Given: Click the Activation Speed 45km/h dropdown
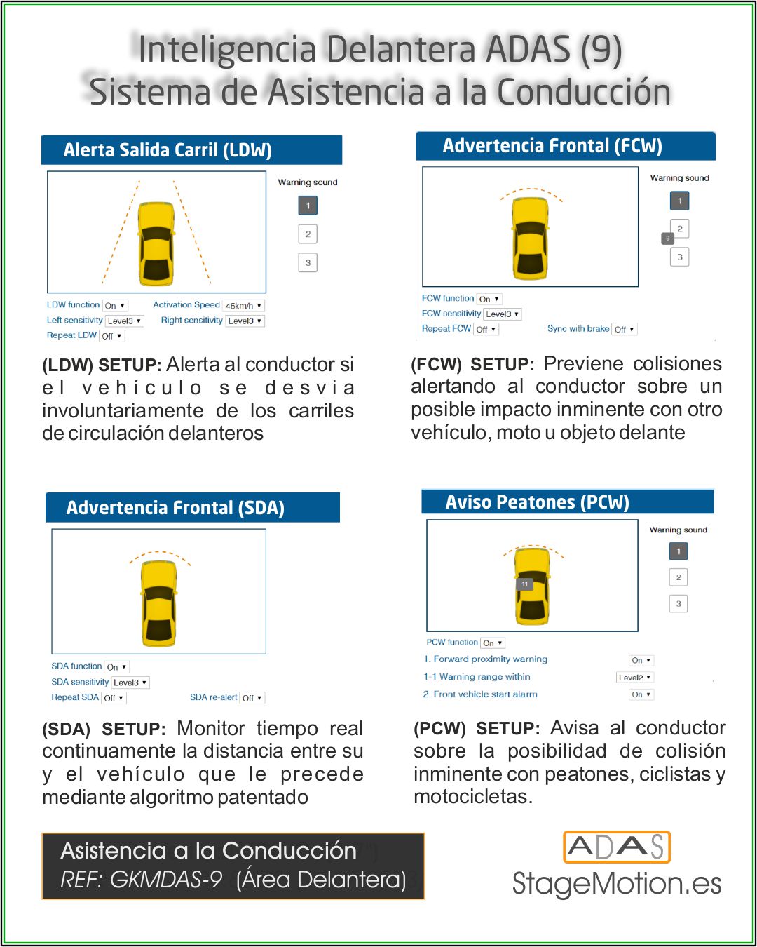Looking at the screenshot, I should click(243, 306).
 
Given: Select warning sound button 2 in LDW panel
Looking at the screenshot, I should click(308, 234).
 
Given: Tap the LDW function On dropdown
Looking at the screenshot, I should click(115, 306).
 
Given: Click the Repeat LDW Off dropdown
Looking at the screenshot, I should click(111, 336).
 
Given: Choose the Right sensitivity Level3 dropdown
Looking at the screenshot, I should click(245, 321).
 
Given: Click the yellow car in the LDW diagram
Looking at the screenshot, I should click(156, 243).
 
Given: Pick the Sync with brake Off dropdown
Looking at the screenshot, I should click(625, 329).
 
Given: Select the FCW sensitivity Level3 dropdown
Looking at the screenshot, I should click(503, 314).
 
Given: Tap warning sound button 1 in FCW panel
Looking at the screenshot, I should click(679, 201).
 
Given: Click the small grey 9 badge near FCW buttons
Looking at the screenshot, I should click(668, 239).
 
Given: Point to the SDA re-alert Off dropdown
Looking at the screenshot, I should click(252, 698).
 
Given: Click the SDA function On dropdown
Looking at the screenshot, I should click(116, 667).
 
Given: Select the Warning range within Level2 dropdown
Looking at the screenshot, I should click(634, 678).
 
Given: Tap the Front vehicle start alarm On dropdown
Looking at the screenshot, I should click(641, 694).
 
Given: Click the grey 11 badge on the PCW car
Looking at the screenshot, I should click(524, 584).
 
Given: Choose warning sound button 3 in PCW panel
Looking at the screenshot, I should click(678, 603).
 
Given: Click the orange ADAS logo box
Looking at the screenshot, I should click(617, 847).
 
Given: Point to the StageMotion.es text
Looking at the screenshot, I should click(617, 884).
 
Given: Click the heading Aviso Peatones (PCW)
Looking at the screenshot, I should click(538, 502).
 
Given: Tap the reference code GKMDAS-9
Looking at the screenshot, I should click(166, 880).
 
